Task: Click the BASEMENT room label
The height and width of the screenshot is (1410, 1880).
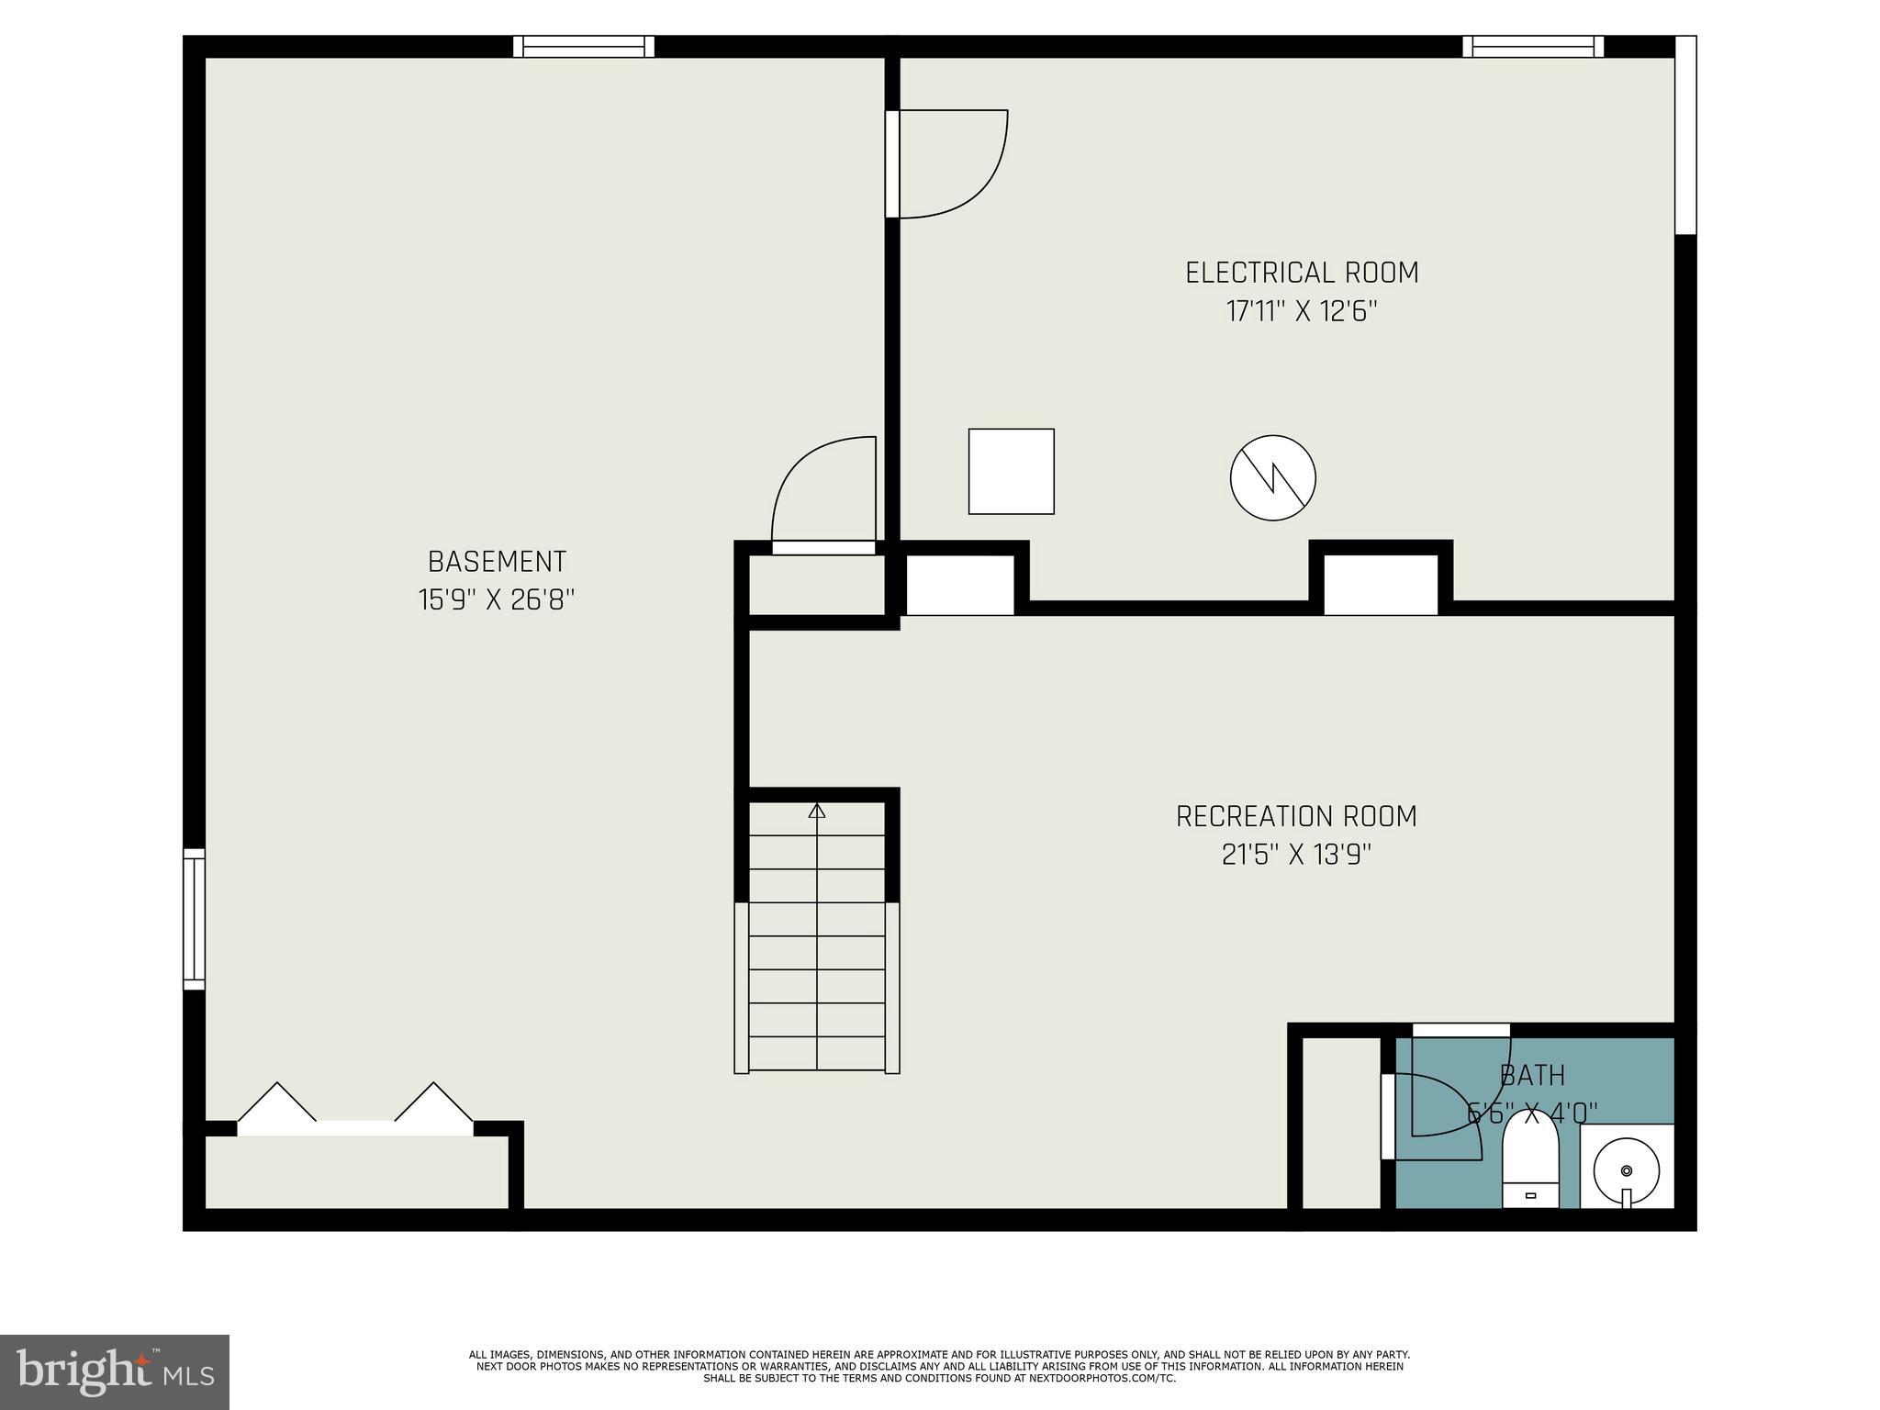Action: (497, 561)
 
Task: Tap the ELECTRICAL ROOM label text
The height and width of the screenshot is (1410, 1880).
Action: (1301, 273)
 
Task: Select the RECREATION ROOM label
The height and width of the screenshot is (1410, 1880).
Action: (1296, 816)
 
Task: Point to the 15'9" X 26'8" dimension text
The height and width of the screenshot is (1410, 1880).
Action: (497, 600)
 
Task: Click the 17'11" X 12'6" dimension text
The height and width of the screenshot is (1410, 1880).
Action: (1302, 312)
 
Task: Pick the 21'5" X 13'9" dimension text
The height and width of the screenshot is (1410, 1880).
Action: (1296, 856)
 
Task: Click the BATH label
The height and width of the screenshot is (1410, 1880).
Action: (1532, 1075)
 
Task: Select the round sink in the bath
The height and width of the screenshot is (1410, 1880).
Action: (1627, 1170)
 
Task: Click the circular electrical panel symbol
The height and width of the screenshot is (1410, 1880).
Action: (1272, 477)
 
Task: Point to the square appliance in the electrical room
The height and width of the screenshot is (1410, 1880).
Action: (1011, 471)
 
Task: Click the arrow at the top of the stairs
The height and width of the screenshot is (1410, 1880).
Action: (817, 811)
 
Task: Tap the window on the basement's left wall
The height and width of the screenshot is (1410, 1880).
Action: (194, 919)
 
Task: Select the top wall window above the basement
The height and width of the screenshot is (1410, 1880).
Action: (583, 47)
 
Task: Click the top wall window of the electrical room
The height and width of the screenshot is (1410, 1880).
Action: (1532, 47)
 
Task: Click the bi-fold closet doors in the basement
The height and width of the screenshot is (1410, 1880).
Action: (355, 1111)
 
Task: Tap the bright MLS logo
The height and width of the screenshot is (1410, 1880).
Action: (114, 1371)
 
